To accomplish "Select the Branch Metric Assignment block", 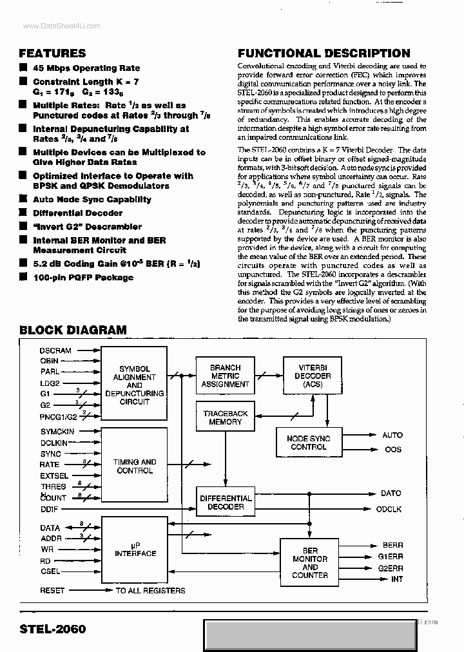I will pos(225,376).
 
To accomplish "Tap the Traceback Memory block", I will pos(225,417).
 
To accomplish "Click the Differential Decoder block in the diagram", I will pos(226,503).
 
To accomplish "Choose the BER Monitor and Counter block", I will pos(310,563).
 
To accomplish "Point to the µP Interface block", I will pos(135,549).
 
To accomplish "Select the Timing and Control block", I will pos(135,466).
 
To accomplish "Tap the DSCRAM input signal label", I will pos(55,350).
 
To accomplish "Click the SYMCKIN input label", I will pos(57,431).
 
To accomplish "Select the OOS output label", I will pos(392,449).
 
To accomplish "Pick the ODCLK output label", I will pos(389,509).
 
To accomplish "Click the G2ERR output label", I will pos(391,568).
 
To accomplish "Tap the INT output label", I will pos(397,579).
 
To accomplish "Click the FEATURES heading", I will pos(52,53).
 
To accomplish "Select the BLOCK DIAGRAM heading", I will pos(73,330).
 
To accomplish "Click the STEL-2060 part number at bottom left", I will pos(52,629).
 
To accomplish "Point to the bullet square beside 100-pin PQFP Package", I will pos(24,277).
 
